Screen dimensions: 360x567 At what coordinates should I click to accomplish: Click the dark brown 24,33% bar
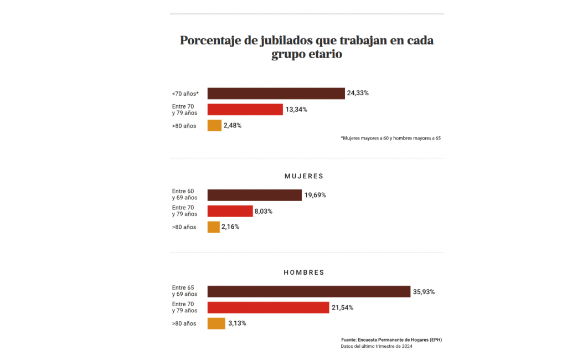pyautogui.click(x=276, y=93)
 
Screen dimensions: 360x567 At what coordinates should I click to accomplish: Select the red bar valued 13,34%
pyautogui.click(x=245, y=109)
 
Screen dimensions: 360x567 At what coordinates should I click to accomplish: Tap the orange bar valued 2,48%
pyautogui.click(x=214, y=126)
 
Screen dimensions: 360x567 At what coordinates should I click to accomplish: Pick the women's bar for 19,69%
pyautogui.click(x=254, y=195)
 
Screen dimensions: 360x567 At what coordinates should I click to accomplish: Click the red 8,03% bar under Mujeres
pyautogui.click(x=230, y=211)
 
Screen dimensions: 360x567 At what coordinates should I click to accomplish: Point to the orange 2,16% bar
pyautogui.click(x=213, y=227)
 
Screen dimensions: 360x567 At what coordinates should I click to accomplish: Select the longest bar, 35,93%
pyautogui.click(x=308, y=291)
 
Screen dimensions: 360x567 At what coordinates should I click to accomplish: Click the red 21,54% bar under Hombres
pyautogui.click(x=268, y=307)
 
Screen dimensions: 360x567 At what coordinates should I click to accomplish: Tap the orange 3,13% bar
pyautogui.click(x=216, y=323)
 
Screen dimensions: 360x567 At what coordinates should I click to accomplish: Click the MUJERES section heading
pyautogui.click(x=303, y=176)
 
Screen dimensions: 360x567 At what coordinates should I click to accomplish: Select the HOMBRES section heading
pyautogui.click(x=303, y=272)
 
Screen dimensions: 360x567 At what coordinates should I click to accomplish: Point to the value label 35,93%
pyautogui.click(x=424, y=291)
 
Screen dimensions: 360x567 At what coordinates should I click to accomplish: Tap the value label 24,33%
pyautogui.click(x=358, y=93)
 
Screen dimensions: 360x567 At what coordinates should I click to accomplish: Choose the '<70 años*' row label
pyautogui.click(x=185, y=94)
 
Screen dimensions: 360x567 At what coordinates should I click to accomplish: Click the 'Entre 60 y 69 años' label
pyautogui.click(x=184, y=194)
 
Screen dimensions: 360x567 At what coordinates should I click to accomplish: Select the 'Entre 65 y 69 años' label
pyautogui.click(x=184, y=291)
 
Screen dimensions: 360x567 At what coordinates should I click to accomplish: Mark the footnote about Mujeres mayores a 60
pyautogui.click(x=390, y=138)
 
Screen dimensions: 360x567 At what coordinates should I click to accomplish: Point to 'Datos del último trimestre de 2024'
pyautogui.click(x=376, y=347)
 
